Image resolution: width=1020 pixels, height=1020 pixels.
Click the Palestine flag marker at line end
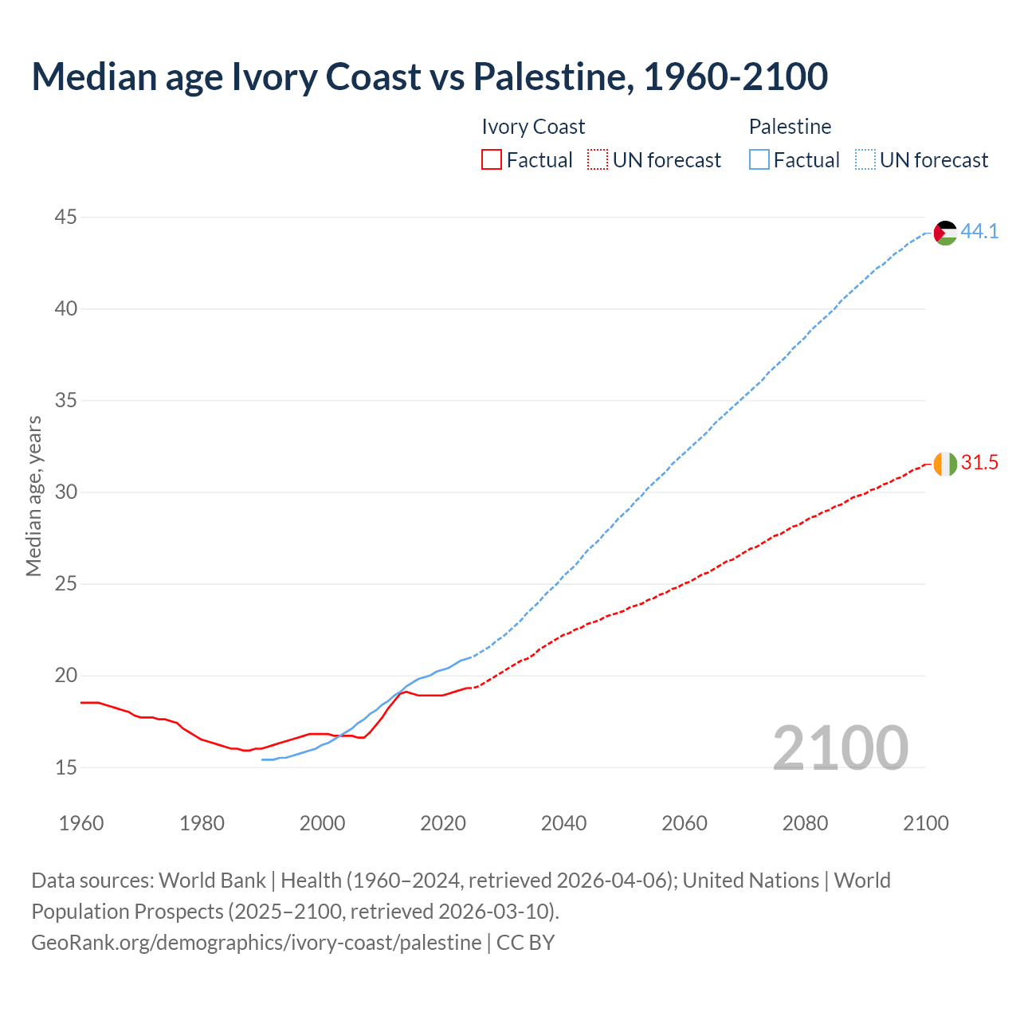coord(945,233)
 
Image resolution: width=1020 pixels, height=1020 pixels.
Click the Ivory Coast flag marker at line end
coord(945,464)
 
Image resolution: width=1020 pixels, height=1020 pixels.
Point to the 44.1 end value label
coord(979,231)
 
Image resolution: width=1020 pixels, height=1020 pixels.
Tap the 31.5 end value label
coord(979,462)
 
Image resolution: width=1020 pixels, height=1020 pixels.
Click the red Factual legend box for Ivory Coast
coord(492,160)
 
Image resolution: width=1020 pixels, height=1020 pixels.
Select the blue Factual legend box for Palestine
coord(759,160)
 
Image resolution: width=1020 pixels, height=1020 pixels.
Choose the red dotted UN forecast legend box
coord(598,160)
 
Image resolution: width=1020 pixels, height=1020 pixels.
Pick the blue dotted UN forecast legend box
coord(865,160)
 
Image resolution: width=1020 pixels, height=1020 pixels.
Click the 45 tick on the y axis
coord(66,217)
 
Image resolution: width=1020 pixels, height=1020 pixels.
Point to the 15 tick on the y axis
coord(66,767)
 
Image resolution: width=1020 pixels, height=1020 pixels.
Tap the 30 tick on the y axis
coord(66,492)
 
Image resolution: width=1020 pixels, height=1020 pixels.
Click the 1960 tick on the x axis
coord(81,823)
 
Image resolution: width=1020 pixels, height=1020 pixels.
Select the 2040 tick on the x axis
coord(563,823)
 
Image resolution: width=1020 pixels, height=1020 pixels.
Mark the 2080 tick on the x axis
coord(805,823)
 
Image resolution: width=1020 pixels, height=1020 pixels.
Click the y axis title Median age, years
coord(33,496)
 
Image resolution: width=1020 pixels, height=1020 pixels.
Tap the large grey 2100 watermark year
coord(840,747)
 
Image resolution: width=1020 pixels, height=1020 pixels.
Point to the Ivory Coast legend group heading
coord(533,127)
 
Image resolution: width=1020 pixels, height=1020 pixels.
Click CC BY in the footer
coord(525,942)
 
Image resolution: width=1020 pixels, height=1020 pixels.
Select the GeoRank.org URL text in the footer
coord(256,942)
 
